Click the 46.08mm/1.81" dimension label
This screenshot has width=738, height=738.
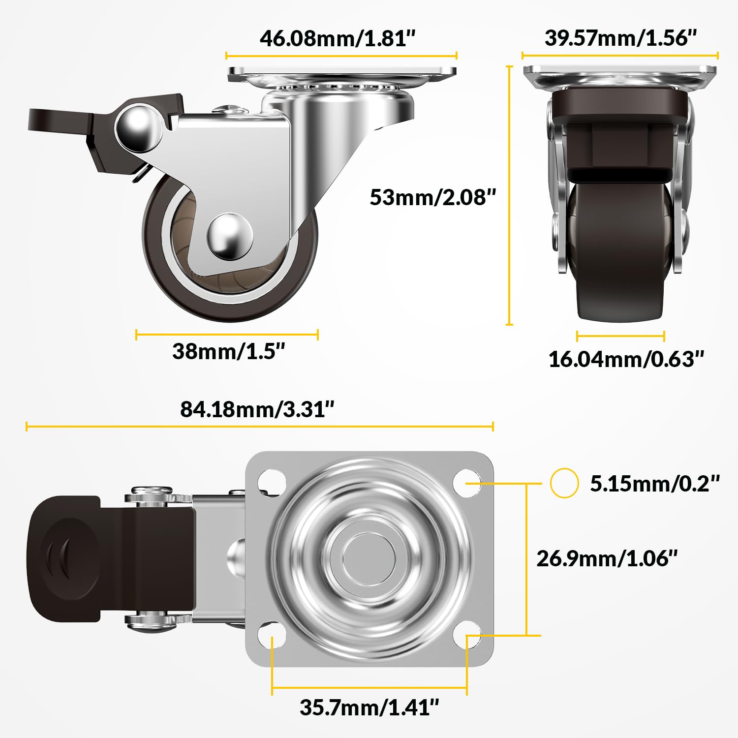(x=338, y=38)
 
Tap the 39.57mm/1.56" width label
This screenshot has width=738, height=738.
(x=620, y=38)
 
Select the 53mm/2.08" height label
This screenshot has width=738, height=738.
(x=432, y=197)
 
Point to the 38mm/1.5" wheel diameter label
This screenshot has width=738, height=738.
(x=228, y=351)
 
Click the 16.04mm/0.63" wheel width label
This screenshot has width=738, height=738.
(x=626, y=359)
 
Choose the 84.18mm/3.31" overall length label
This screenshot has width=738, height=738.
(x=257, y=409)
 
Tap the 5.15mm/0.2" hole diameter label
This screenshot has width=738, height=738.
(x=654, y=484)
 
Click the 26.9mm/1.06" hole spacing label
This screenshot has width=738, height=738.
(x=607, y=558)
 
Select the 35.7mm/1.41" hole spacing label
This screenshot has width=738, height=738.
(x=369, y=707)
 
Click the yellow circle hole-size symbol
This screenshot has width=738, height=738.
(x=564, y=483)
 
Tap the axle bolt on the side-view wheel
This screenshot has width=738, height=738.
(x=229, y=236)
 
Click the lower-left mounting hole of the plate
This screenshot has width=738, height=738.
(x=271, y=635)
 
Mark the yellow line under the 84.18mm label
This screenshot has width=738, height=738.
(x=259, y=426)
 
